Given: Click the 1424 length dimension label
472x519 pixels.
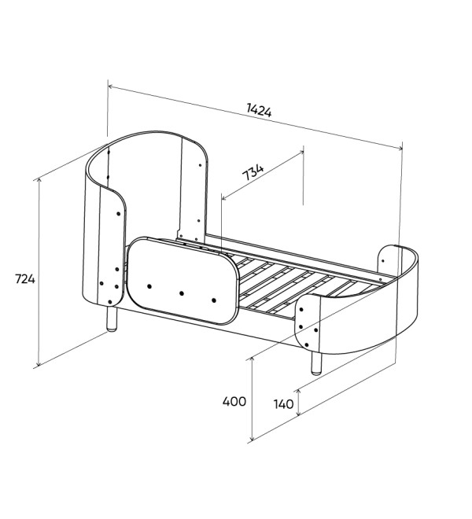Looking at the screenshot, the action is [x=259, y=111].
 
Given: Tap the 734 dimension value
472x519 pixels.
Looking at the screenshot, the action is [x=253, y=171].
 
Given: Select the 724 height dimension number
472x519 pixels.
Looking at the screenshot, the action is [x=25, y=279].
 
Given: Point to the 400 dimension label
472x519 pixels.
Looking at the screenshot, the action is [x=234, y=402].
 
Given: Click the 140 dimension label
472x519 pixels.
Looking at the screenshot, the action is [x=283, y=404].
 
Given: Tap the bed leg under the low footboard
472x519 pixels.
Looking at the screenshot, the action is [x=316, y=363].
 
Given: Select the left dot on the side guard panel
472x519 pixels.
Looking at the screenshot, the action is [x=149, y=286].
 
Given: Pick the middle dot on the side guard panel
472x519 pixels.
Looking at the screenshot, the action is [x=182, y=293].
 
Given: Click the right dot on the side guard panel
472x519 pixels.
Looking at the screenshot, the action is [x=214, y=300].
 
